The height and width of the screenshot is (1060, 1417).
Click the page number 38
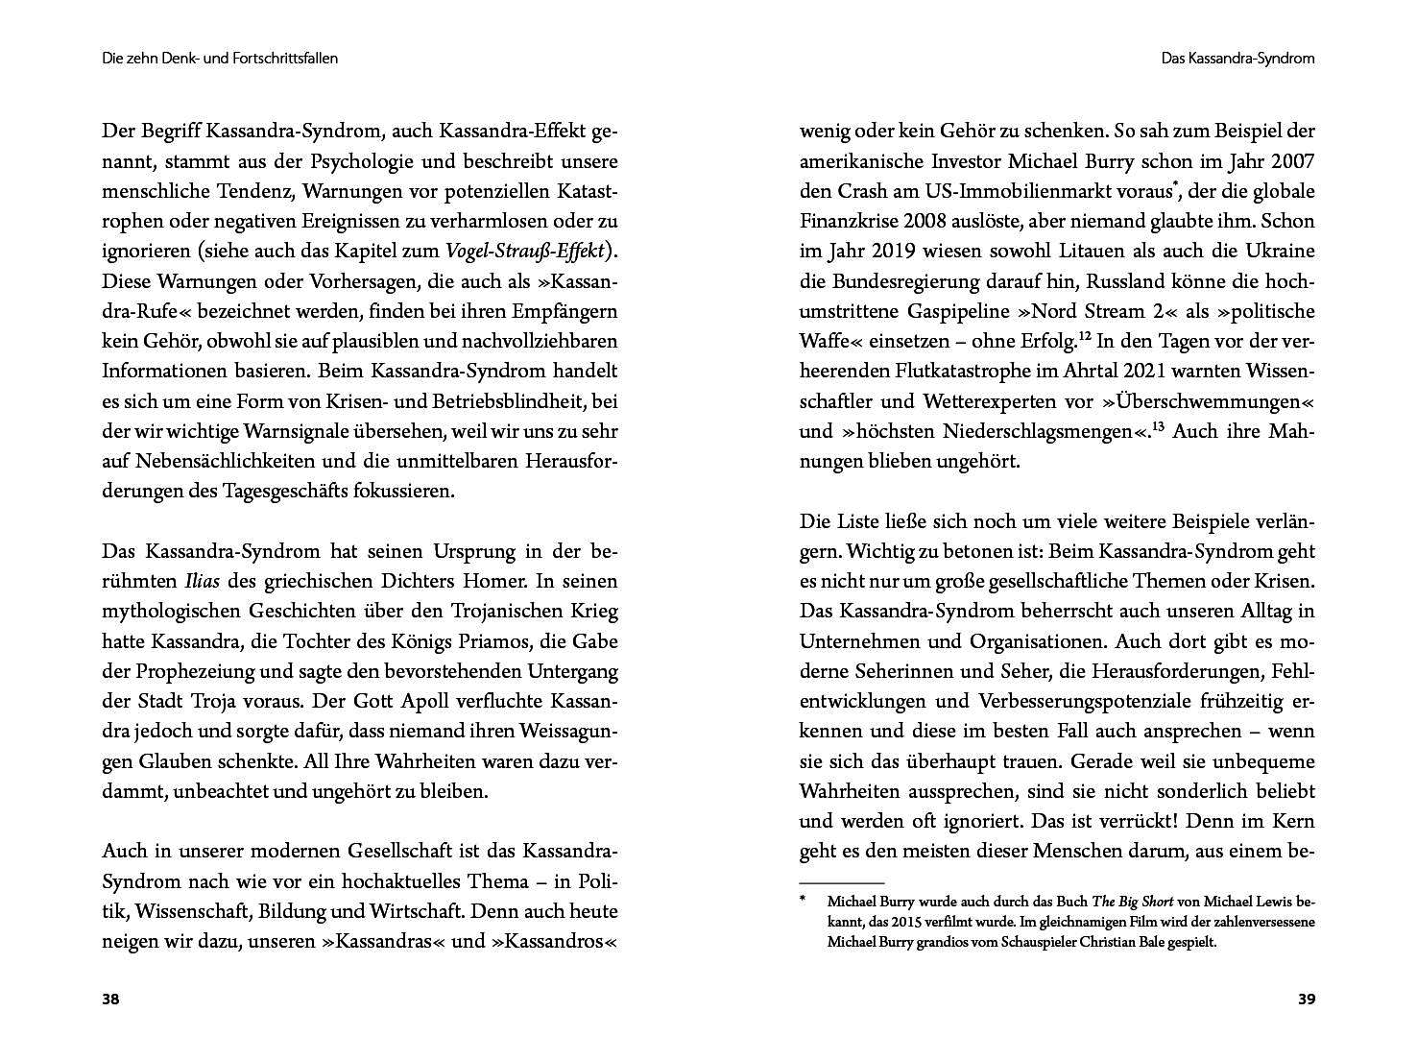tap(110, 1000)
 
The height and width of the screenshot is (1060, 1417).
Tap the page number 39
tap(1306, 1000)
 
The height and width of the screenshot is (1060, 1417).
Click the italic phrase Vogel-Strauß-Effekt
tap(525, 252)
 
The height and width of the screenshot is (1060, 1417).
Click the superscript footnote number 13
tap(1158, 425)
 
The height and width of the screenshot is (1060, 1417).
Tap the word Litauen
tap(1094, 252)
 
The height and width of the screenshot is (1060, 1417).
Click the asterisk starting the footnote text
tap(803, 901)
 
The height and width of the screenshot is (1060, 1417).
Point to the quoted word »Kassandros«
tap(555, 941)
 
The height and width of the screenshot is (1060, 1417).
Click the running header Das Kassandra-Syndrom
tap(1237, 59)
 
